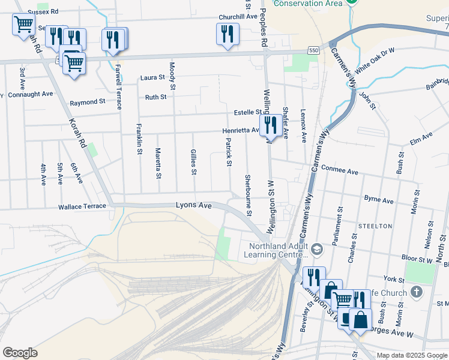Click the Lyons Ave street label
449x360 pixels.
pyautogui.click(x=193, y=205)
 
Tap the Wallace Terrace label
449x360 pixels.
pyautogui.click(x=82, y=206)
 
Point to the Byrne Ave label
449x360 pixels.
pyautogui.click(x=378, y=199)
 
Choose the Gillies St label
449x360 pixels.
pyautogui.click(x=193, y=162)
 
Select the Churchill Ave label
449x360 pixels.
pyautogui.click(x=238, y=17)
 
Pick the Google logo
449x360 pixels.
pyautogui.click(x=20, y=353)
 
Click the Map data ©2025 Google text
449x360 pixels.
pyautogui.click(x=412, y=355)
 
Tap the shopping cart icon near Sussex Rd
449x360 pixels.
pyautogui.click(x=23, y=25)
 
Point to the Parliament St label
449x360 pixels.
pyautogui.click(x=339, y=224)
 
